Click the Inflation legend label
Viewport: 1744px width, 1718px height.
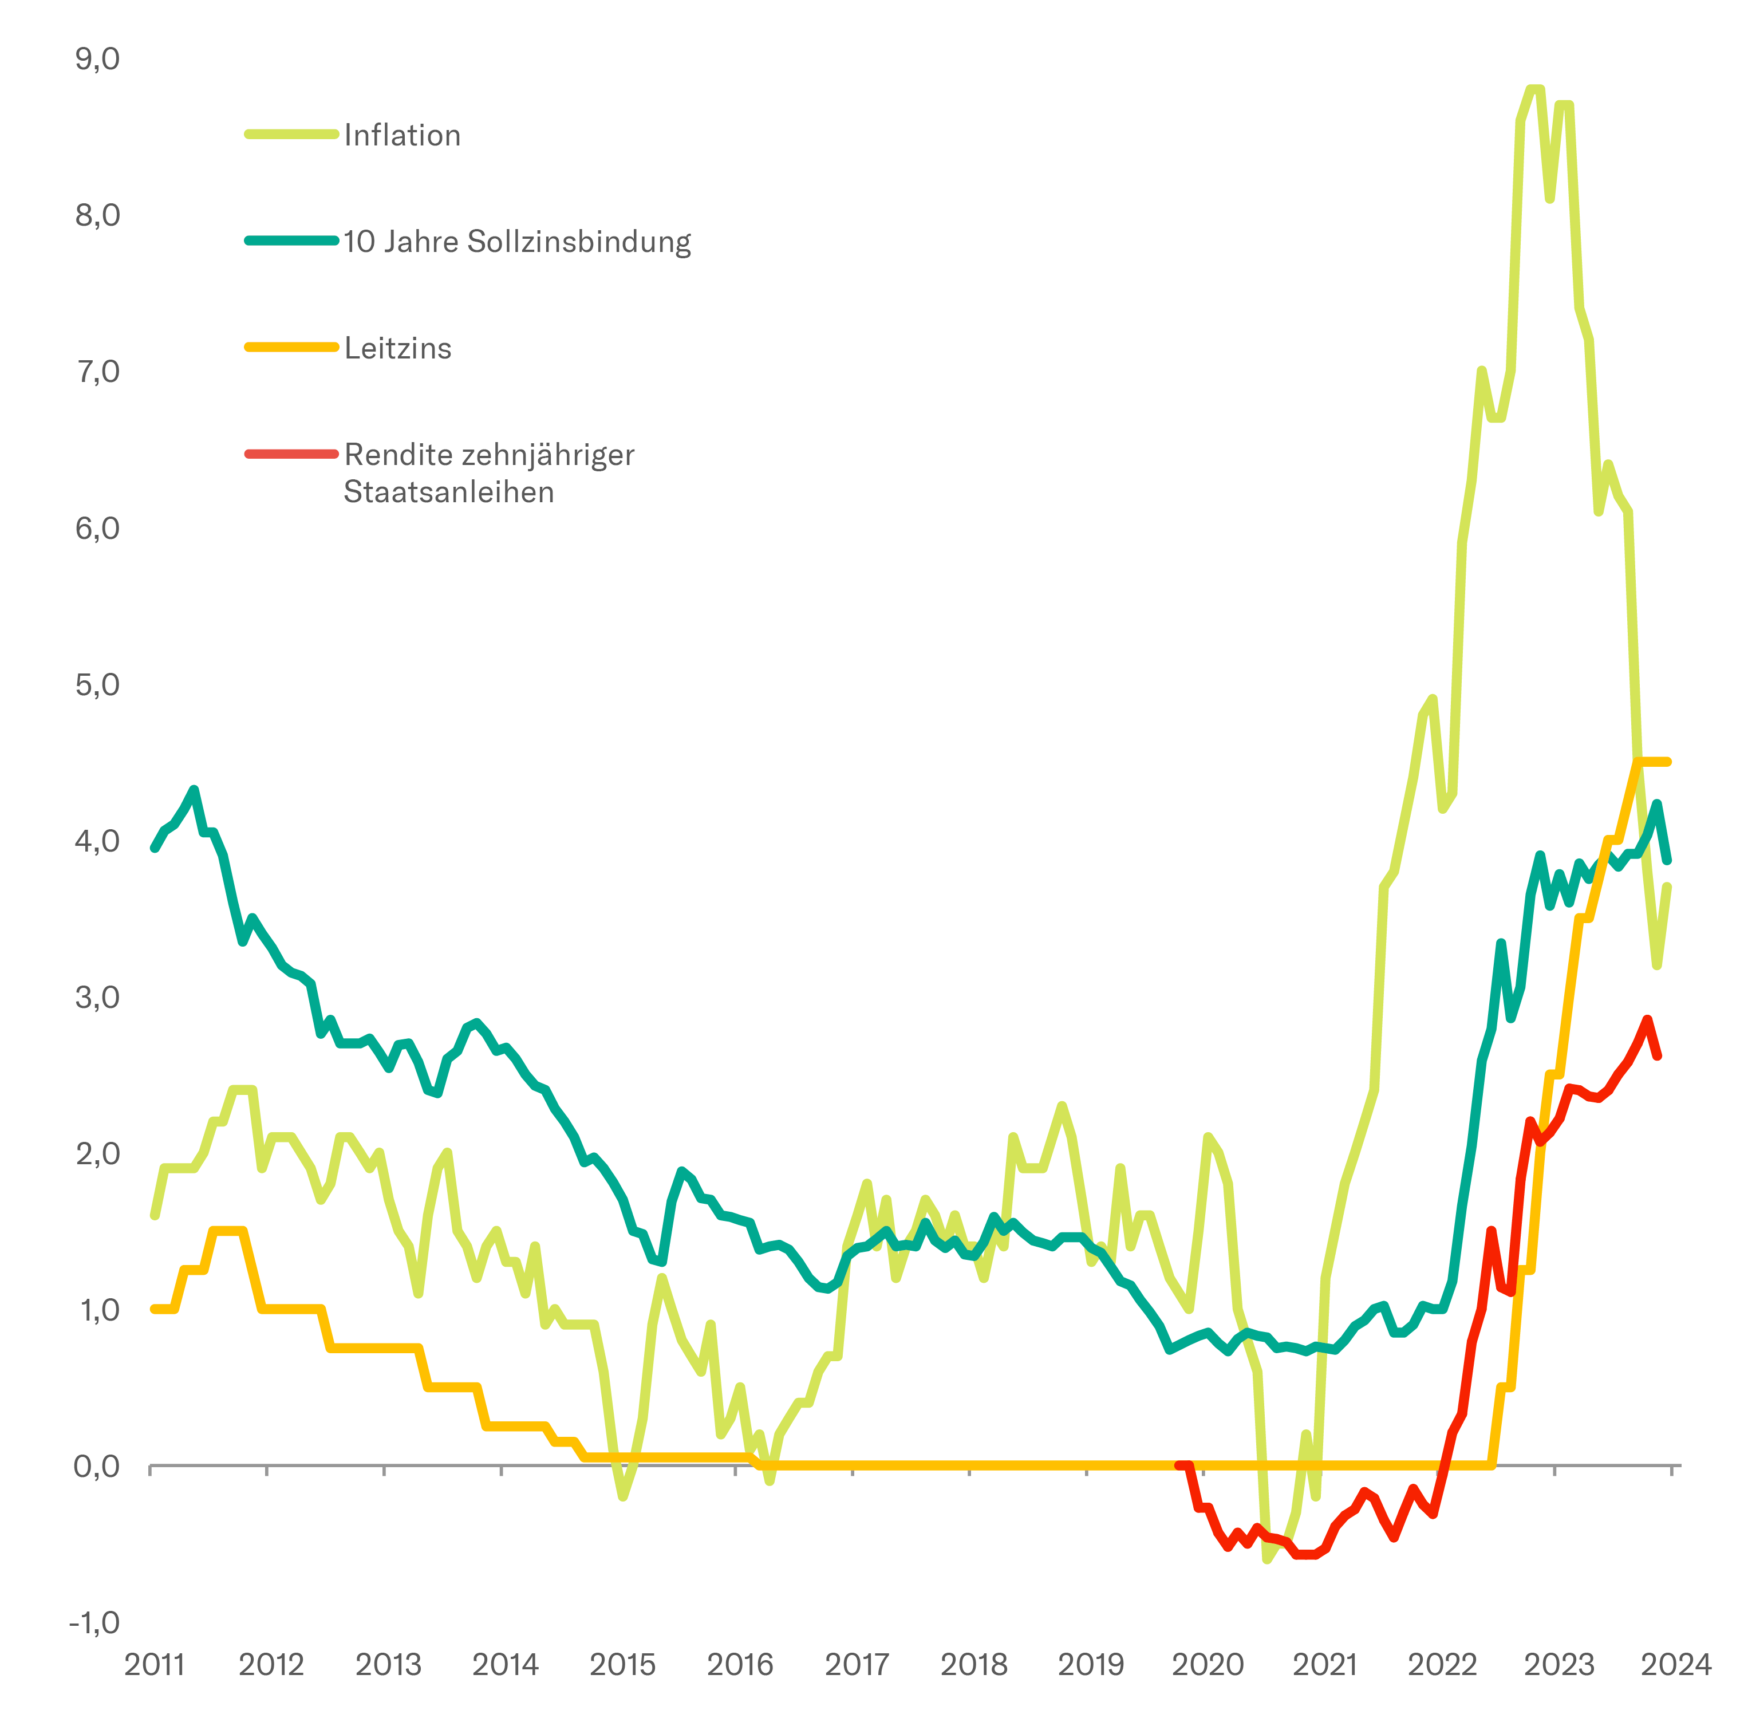(403, 135)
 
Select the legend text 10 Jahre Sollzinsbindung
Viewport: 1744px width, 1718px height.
(517, 242)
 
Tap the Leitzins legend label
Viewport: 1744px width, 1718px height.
(398, 348)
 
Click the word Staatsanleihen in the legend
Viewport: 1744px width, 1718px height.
(448, 492)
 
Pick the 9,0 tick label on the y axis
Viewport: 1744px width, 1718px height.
(97, 60)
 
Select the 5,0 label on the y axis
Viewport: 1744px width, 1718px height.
(97, 685)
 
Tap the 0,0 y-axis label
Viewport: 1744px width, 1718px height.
(97, 1466)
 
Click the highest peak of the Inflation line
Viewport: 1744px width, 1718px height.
(1534, 88)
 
